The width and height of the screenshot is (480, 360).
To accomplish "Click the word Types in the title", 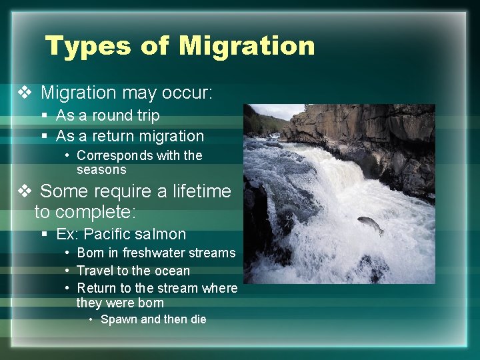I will [87, 46].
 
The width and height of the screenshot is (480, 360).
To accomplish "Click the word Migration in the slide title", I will [247, 46].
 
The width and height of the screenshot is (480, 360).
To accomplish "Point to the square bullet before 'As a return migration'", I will [45, 136].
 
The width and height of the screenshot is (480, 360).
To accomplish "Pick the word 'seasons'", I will [101, 169].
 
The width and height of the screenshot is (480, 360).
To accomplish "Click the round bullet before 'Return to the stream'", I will [69, 289].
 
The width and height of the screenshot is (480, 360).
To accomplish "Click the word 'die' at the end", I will [198, 319].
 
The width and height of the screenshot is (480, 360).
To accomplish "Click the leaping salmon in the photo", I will [371, 225].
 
